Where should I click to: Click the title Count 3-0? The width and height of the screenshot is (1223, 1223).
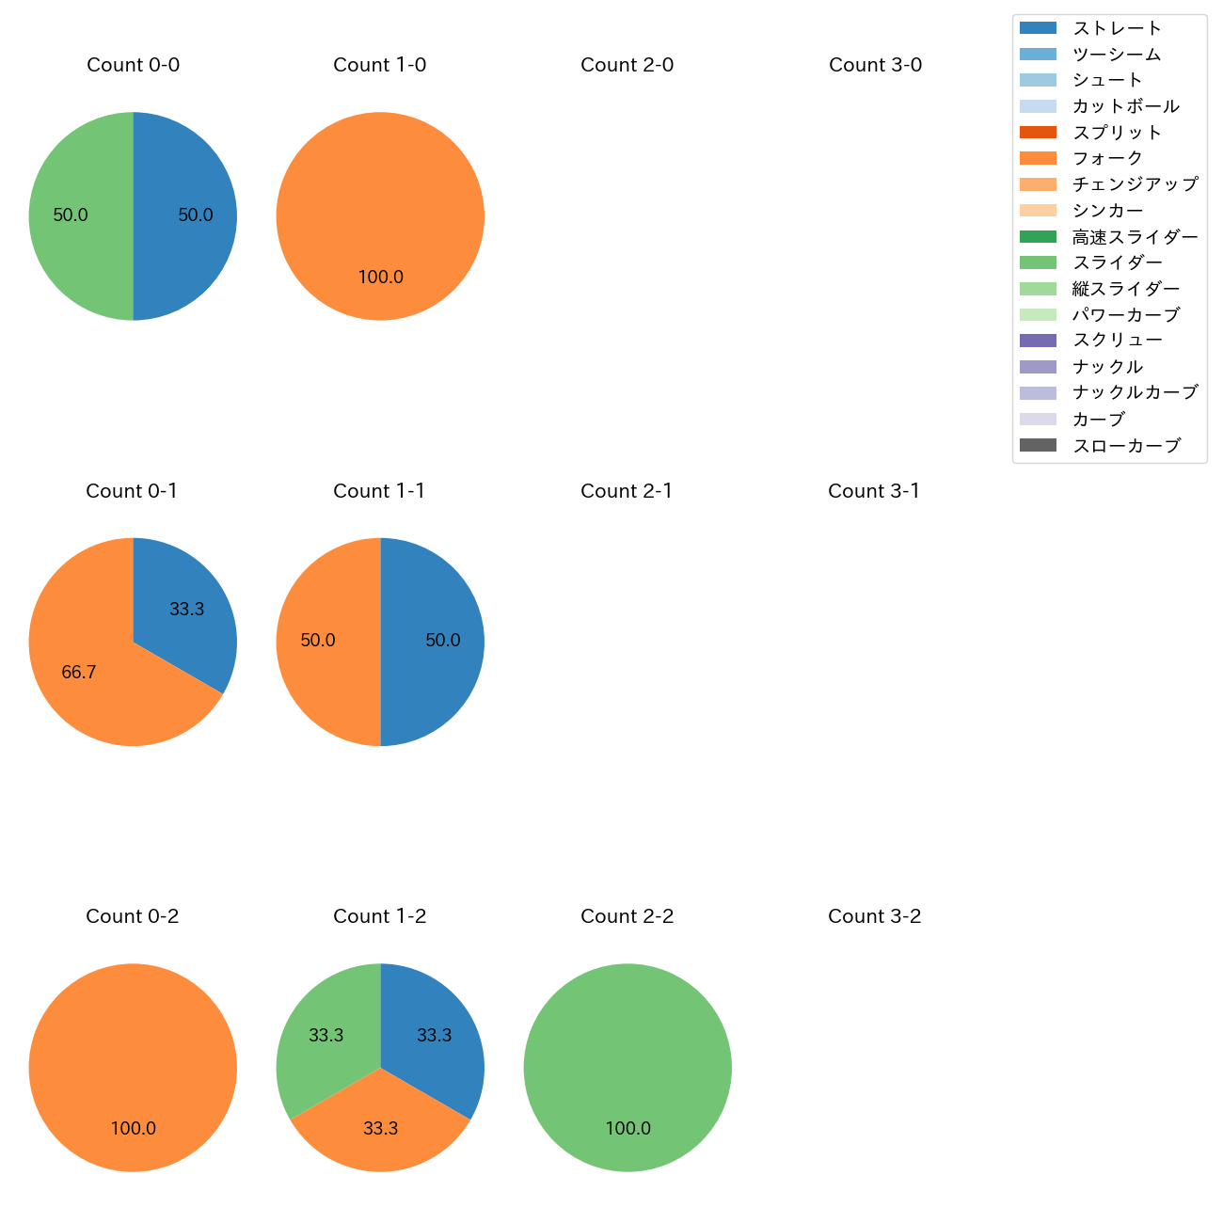pyautogui.click(x=875, y=65)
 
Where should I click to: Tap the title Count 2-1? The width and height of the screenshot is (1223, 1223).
pyautogui.click(x=627, y=491)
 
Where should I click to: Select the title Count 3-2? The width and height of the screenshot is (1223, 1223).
pyautogui.click(x=874, y=916)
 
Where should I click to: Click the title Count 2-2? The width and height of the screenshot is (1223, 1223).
pyautogui.click(x=627, y=916)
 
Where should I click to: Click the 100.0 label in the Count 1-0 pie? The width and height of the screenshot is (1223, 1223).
pyautogui.click(x=380, y=277)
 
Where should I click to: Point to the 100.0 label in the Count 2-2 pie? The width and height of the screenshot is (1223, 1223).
pyautogui.click(x=627, y=1128)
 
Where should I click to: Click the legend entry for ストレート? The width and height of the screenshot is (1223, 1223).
pyautogui.click(x=1117, y=28)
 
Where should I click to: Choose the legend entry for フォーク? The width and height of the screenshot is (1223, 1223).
pyautogui.click(x=1107, y=158)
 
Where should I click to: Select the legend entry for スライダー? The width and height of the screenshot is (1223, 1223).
pyautogui.click(x=1117, y=262)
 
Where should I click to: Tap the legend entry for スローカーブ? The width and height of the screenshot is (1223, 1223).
pyautogui.click(x=1126, y=446)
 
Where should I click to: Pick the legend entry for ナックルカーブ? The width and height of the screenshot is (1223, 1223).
pyautogui.click(x=1135, y=392)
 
